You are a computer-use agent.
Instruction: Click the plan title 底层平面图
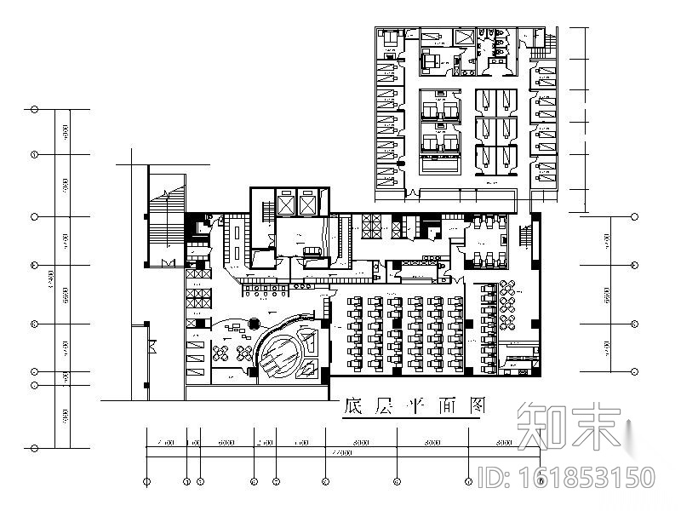click(x=411, y=406)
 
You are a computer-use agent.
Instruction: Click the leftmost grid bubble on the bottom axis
click(x=147, y=481)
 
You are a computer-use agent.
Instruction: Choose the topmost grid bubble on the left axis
click(x=34, y=110)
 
